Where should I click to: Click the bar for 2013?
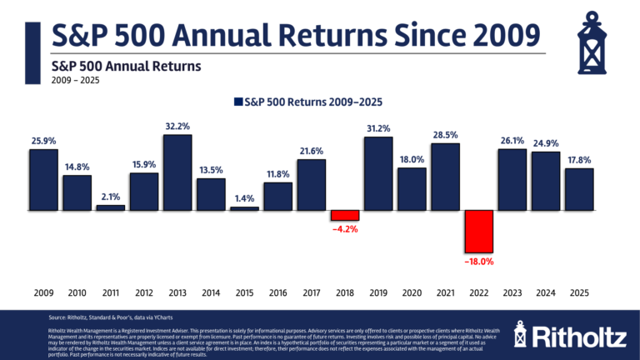[177, 172]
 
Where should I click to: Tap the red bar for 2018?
[345, 214]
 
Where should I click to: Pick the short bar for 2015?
[244, 207]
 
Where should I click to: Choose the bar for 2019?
[378, 172]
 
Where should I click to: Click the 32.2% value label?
[177, 127]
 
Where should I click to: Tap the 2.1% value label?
[111, 197]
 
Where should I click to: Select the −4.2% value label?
[345, 227]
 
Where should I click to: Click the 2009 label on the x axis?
[43, 294]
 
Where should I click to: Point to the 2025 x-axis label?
[578, 294]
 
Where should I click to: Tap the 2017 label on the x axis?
[311, 294]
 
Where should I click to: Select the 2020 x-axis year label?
[412, 294]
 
